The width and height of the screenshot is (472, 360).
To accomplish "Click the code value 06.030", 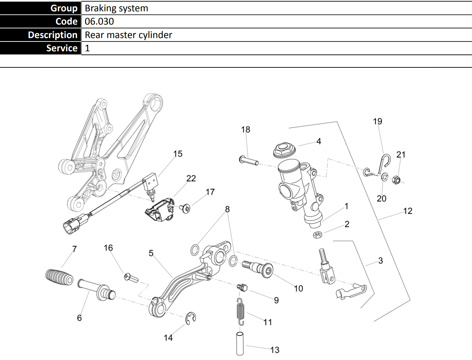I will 99,21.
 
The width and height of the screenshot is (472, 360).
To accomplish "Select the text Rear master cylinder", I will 128,35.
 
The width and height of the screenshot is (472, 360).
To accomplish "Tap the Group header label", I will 64,8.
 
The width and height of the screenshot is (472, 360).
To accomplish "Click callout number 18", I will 246,129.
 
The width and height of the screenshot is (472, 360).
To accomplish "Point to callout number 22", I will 191,178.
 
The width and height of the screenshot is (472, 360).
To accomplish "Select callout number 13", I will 275,350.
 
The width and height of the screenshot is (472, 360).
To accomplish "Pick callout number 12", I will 407,211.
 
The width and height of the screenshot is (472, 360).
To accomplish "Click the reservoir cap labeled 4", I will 284,150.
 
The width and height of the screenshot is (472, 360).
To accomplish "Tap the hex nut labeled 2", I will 317,235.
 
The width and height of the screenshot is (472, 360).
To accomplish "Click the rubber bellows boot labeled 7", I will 60,277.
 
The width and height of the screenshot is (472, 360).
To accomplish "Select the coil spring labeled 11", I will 240,312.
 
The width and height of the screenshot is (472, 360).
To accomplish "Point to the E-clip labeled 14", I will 191,318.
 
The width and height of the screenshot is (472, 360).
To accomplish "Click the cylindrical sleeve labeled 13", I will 240,343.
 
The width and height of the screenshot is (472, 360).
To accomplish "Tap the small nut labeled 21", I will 397,180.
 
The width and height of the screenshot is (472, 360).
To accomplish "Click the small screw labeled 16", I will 131,278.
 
